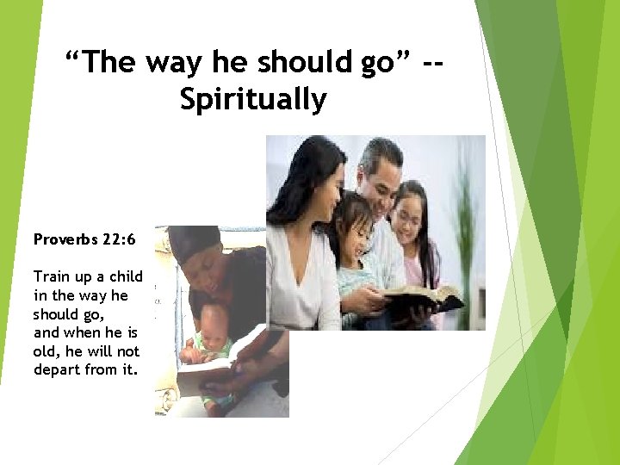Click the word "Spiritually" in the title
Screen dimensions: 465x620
pyautogui.click(x=253, y=100)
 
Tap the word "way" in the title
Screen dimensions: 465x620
pyautogui.click(x=181, y=63)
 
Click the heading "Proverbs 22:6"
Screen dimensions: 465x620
pyautogui.click(x=84, y=238)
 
